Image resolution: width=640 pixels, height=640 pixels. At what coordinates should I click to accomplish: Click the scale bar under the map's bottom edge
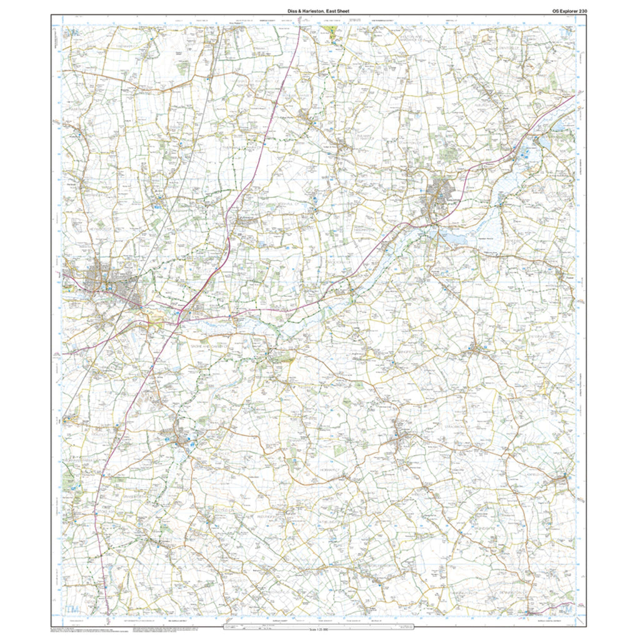click(x=320, y=625)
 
